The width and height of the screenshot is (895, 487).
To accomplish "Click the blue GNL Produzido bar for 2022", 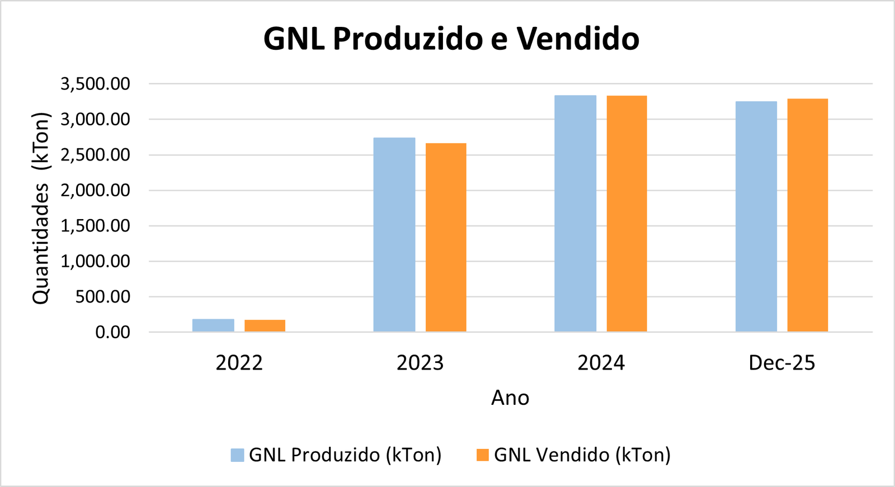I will [x=213, y=325].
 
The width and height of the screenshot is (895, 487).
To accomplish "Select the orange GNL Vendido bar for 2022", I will [x=265, y=326].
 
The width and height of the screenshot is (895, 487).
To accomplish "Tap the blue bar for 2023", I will [x=394, y=235].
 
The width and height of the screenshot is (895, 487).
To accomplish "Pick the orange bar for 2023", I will [x=446, y=238].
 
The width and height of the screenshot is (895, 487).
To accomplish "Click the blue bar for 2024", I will [x=575, y=214].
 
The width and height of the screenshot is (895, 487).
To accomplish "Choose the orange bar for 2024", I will [x=626, y=214].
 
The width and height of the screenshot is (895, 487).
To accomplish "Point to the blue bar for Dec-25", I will [x=756, y=216].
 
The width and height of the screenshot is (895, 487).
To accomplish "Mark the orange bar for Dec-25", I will [x=807, y=215].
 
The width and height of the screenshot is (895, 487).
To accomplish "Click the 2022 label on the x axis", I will [x=239, y=363].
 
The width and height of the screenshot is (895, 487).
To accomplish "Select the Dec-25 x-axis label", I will [x=781, y=363].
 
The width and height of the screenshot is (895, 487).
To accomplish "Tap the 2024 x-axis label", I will [x=601, y=363].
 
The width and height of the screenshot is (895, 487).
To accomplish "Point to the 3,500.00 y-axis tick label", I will [x=95, y=84].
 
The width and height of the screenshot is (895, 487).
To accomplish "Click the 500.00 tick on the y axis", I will [x=103, y=297].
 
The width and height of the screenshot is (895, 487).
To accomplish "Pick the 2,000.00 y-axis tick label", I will [x=95, y=191].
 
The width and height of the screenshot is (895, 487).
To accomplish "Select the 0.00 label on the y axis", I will [x=112, y=333].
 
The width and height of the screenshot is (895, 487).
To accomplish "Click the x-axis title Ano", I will [x=510, y=398].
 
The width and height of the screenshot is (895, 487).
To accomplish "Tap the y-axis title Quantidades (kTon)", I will [x=41, y=208].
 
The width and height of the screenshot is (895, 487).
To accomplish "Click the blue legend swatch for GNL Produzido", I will [x=237, y=455].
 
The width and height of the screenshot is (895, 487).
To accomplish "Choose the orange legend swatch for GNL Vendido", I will [x=482, y=455].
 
